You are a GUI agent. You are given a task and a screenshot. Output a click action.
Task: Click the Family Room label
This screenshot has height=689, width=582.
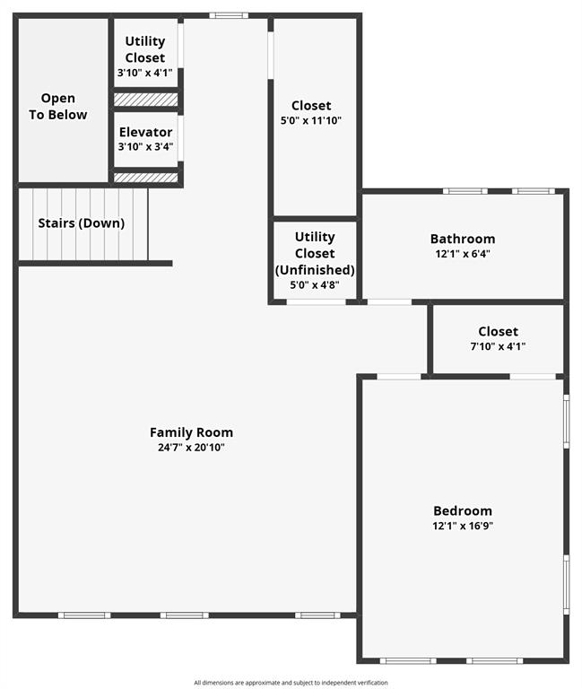(x=191, y=432)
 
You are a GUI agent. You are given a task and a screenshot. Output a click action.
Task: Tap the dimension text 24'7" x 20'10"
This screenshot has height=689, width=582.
(x=191, y=446)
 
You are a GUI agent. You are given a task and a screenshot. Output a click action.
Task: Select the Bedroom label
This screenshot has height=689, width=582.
(x=462, y=510)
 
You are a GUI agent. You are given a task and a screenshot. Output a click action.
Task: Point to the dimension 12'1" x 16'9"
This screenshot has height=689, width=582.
(x=462, y=526)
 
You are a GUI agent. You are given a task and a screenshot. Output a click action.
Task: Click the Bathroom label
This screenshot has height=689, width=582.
(x=462, y=239)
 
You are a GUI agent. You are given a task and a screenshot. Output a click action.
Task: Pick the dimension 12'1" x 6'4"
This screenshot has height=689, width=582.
(x=462, y=253)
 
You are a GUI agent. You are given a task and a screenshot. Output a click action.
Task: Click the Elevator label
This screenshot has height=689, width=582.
(x=145, y=132)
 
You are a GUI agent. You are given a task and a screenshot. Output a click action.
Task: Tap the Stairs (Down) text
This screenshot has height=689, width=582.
(x=81, y=223)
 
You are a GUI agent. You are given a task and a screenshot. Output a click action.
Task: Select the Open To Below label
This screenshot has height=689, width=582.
(x=58, y=106)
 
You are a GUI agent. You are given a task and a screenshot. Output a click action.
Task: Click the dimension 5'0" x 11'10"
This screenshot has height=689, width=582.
(x=310, y=120)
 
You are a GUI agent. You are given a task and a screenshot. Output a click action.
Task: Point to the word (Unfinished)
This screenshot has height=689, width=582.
(x=315, y=269)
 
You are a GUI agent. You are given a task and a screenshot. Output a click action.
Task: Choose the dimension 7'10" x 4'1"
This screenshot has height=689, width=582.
(x=497, y=346)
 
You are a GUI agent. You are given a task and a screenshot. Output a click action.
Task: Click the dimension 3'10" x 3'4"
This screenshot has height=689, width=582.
(x=145, y=146)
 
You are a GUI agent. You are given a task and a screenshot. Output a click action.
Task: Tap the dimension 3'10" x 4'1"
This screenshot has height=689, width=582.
(x=145, y=73)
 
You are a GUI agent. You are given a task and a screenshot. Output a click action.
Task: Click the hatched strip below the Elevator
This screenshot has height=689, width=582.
(x=145, y=178)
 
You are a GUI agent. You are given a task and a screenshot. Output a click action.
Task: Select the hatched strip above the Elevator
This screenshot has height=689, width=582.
(x=145, y=99)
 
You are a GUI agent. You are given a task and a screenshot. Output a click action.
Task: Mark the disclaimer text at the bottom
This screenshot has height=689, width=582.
(x=291, y=683)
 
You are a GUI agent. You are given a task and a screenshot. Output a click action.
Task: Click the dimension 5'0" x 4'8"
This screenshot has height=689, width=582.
(x=315, y=285)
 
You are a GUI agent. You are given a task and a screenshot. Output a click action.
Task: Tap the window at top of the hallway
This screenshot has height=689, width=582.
(x=230, y=14)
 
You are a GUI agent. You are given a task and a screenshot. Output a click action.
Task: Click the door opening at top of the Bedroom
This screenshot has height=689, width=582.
(x=399, y=376)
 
